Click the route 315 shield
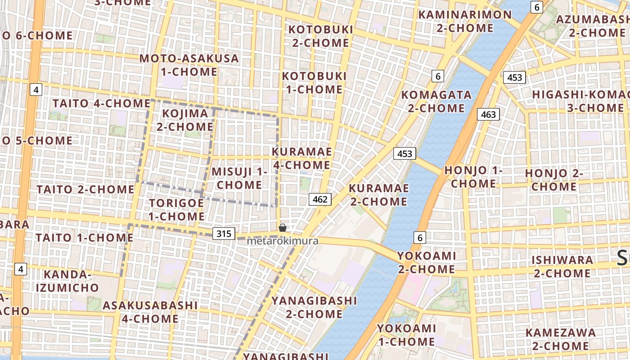[224, 233]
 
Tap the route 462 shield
[320, 199]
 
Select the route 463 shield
[488, 114]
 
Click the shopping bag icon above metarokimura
[283, 228]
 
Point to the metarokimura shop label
[283, 241]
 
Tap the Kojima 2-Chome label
[185, 120]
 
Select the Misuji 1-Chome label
[239, 178]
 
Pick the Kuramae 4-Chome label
[301, 158]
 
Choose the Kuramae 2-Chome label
[378, 194]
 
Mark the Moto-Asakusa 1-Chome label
[189, 65]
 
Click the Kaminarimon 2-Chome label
[465, 21]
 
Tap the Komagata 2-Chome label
[436, 101]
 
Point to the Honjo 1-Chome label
[473, 177]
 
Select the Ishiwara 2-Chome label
[562, 266]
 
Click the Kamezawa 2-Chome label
[561, 339]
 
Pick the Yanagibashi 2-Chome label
[314, 307]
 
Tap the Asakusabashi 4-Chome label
[150, 312]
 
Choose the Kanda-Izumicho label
[71, 281]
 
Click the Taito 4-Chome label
[101, 103]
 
